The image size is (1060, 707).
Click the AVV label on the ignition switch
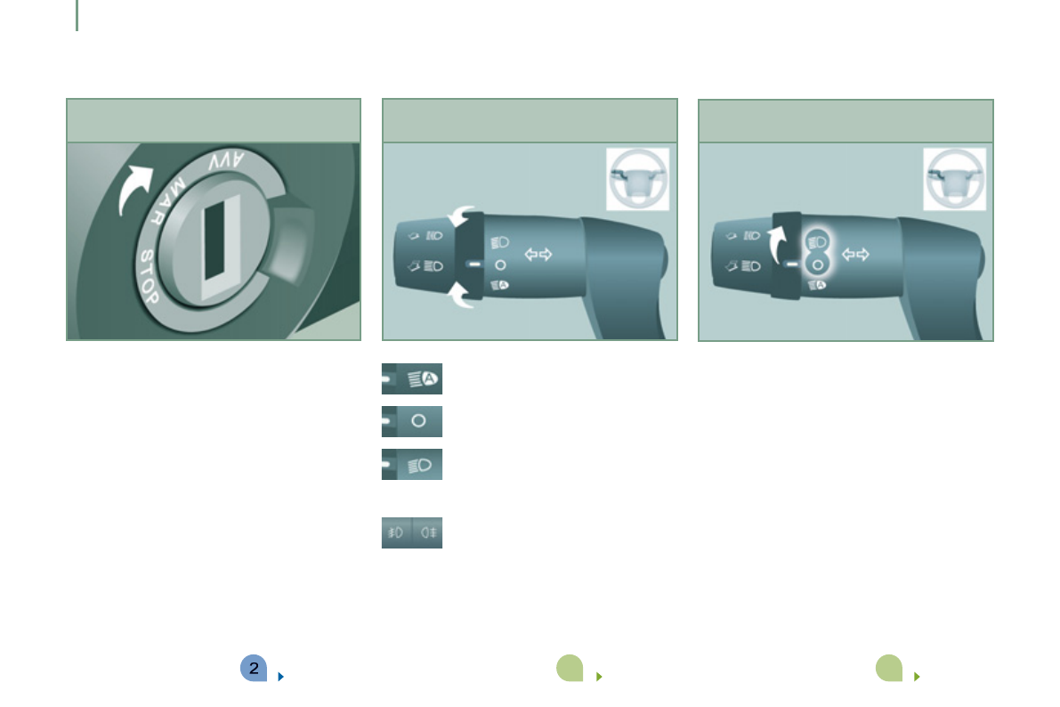click(226, 162)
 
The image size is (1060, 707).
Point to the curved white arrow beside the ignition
click(134, 188)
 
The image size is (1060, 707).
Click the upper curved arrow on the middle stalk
click(460, 215)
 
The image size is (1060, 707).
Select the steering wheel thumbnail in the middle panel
click(637, 179)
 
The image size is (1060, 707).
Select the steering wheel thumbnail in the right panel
click(955, 179)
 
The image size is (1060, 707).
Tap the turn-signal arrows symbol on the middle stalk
click(538, 255)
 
